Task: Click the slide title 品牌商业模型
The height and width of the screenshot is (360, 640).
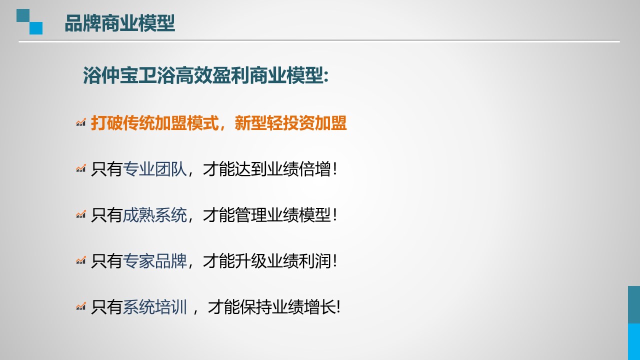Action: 119,23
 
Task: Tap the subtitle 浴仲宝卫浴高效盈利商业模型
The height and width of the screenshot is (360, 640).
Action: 203,75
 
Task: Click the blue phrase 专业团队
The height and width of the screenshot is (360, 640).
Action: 154,169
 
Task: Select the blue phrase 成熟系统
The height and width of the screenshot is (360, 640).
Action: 154,215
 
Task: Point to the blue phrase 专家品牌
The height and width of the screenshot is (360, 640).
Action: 154,261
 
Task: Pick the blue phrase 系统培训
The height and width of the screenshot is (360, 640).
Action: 154,307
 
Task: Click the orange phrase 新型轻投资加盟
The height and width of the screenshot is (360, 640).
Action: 291,123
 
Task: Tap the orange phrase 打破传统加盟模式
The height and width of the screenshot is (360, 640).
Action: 155,123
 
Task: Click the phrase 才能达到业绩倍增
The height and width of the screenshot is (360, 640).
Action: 266,169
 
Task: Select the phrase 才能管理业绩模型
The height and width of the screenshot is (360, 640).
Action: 266,215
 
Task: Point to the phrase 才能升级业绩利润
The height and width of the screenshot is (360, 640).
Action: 266,261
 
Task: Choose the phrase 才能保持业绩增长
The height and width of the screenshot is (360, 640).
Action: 271,307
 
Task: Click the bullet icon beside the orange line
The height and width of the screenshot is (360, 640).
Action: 81,122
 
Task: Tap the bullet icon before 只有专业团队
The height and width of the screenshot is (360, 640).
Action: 81,168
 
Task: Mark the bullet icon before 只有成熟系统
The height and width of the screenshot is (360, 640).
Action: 81,214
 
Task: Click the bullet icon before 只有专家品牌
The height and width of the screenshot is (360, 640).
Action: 81,260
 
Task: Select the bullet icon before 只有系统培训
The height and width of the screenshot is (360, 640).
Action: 81,306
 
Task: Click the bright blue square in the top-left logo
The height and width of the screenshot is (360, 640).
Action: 36,28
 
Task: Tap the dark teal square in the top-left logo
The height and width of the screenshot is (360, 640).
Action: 23,15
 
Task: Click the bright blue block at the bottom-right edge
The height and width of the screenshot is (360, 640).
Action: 634,341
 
